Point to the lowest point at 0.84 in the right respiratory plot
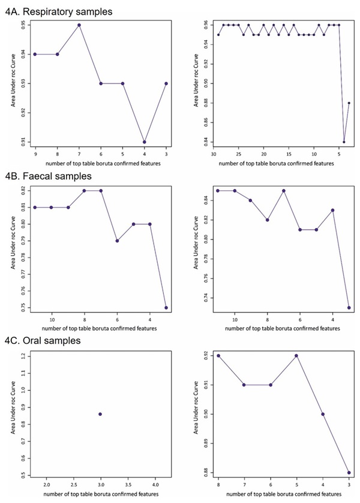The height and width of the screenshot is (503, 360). (x=344, y=142)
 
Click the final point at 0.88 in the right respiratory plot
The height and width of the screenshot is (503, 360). (x=349, y=103)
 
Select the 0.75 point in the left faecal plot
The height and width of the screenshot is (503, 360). (x=166, y=307)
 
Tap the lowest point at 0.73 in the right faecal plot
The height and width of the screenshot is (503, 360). (x=349, y=307)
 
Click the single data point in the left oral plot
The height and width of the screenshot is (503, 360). (x=100, y=414)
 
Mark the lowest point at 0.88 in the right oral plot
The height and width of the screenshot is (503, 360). (x=349, y=472)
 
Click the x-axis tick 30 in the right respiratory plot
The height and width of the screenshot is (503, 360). (x=214, y=153)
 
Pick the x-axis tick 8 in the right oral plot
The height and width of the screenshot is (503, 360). (x=218, y=483)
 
